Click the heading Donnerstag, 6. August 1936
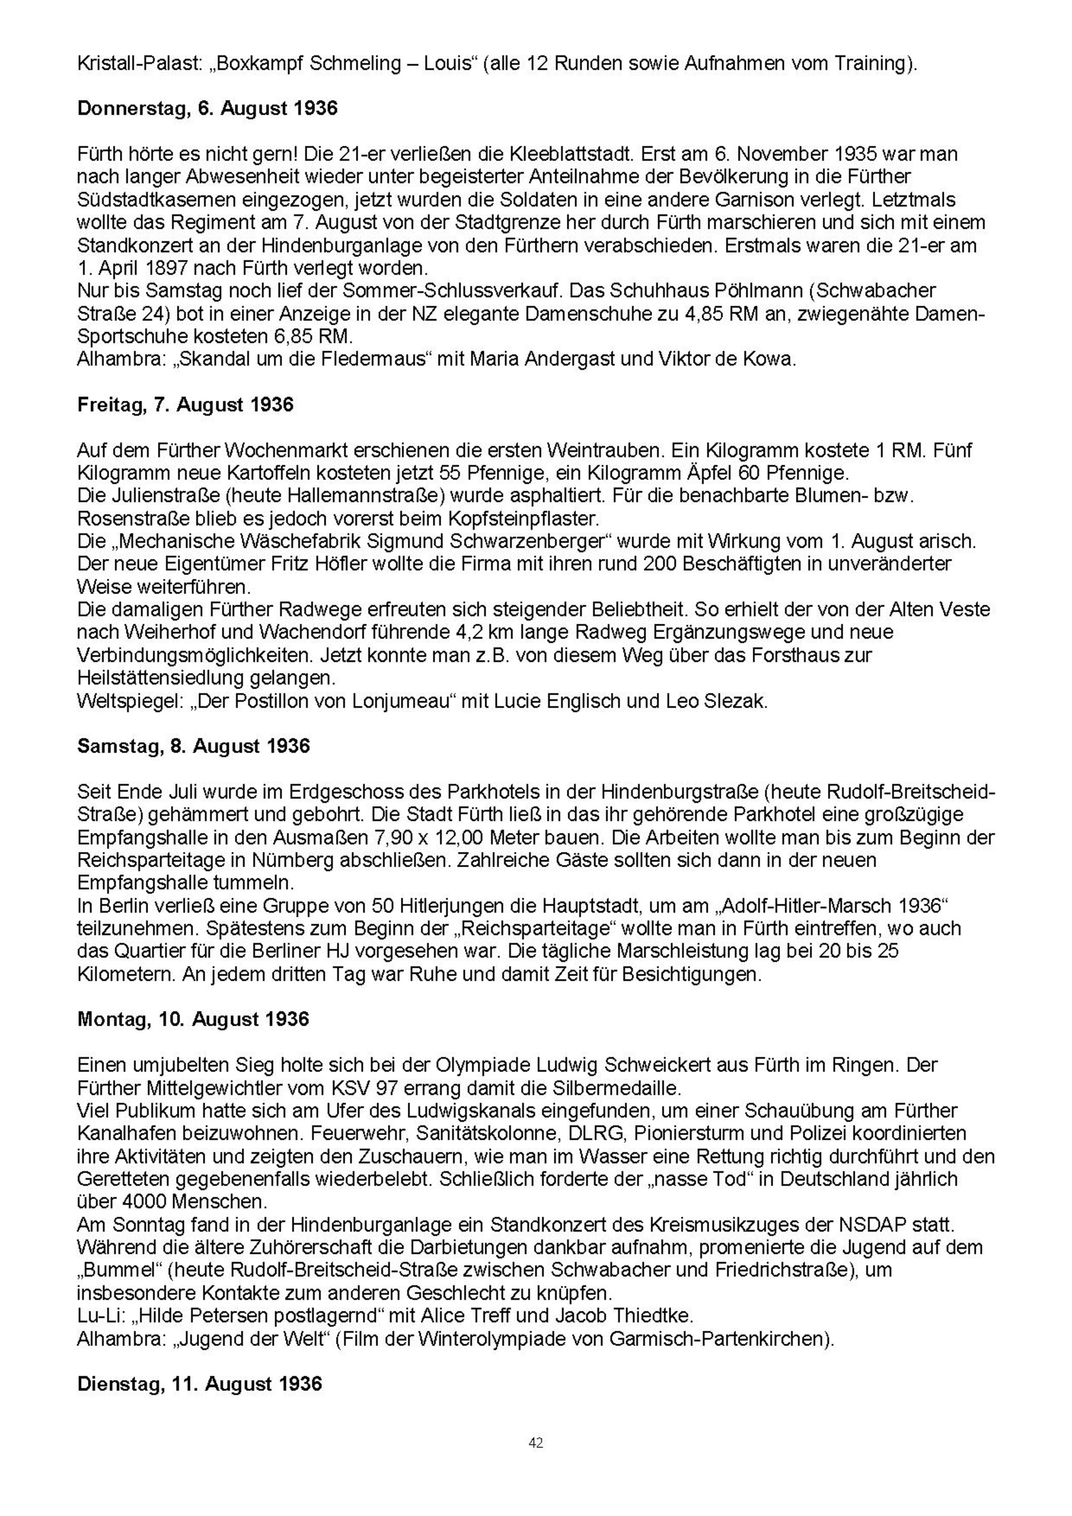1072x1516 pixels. point(207,108)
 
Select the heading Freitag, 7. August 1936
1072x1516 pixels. point(186,405)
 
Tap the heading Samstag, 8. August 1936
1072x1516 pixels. point(194,746)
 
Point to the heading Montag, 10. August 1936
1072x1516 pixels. point(193,1019)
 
